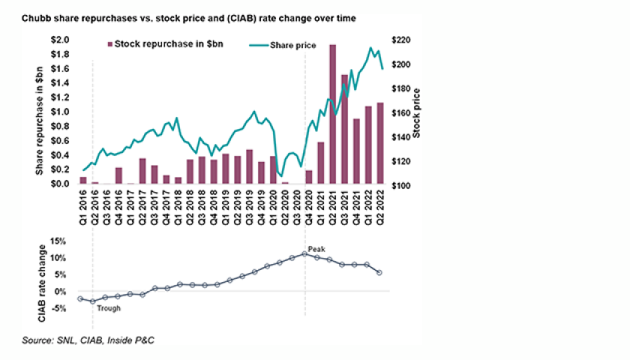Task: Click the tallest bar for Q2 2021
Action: [x=332, y=114]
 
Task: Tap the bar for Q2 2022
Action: [x=380, y=143]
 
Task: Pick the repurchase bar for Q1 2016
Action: [x=83, y=180]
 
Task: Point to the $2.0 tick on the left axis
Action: [x=60, y=40]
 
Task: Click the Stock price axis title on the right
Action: [x=417, y=112]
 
